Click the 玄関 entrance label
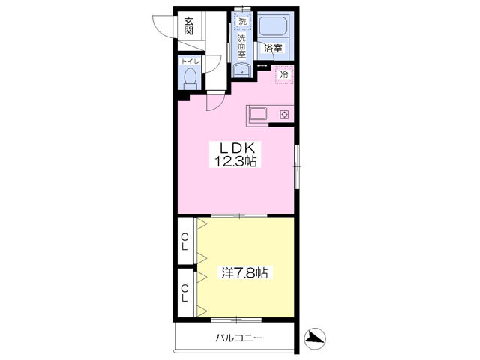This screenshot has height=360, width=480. pos(189,26)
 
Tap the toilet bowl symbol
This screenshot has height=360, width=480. pos(190,78)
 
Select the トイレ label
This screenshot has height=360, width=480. pos(190,61)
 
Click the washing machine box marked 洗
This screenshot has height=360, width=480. pos(242,21)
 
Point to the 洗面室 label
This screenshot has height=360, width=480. pos(242,46)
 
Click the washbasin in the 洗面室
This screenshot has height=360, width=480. pos(241,71)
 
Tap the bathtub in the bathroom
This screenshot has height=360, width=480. pos(273,26)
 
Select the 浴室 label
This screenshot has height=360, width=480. pos(273,48)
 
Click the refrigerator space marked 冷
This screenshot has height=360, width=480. pos(284,74)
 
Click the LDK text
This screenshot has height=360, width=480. pos(235,148)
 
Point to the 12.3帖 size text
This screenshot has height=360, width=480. pos(235,161)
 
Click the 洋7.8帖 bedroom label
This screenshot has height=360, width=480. pos(244,272)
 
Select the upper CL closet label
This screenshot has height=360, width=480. pos(184,241)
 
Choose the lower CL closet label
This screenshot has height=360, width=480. pos(184,293)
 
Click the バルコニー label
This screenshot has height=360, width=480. pos(239,338)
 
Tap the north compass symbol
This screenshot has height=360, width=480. pos(315,339)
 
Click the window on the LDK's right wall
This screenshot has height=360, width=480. pos(297,166)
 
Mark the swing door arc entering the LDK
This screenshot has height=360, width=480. pos(216,102)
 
